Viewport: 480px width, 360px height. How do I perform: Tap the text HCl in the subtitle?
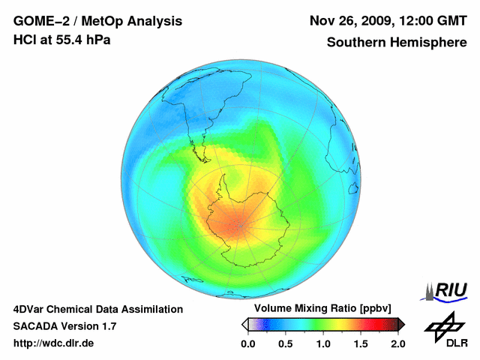point(25,40)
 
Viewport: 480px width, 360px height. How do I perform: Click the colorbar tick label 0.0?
point(248,343)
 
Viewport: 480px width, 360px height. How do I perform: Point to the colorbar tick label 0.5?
point(285,343)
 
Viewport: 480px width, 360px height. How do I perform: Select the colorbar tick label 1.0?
point(322,343)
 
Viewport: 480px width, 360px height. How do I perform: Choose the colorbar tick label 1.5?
point(360,343)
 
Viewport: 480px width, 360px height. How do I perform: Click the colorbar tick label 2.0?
point(397,343)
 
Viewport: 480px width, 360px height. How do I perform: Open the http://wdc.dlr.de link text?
point(54,343)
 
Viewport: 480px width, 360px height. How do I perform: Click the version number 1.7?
point(107,326)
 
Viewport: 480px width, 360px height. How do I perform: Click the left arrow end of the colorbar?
point(244,324)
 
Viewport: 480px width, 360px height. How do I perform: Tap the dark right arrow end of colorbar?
point(401,324)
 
